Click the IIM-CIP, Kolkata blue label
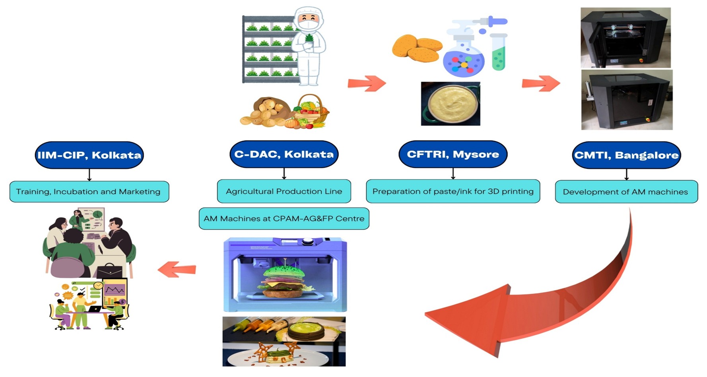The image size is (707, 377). coord(89,155)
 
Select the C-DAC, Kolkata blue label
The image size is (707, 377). coord(284,154)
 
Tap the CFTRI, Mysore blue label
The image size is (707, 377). coord(453,154)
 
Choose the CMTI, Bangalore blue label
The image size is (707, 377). coord(626,155)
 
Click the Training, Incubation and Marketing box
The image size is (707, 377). coord(89,191)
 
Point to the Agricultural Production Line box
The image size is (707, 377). coord(284,191)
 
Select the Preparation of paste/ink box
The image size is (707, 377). coord(453,191)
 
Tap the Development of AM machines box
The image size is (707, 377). coord(626,191)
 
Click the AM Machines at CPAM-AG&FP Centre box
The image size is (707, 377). coord(284,219)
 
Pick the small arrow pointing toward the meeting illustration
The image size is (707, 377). coord(177,269)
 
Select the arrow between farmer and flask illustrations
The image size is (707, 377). coord(367,83)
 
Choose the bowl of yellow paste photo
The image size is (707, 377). coord(451,104)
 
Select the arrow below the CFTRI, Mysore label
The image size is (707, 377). coord(453,174)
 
